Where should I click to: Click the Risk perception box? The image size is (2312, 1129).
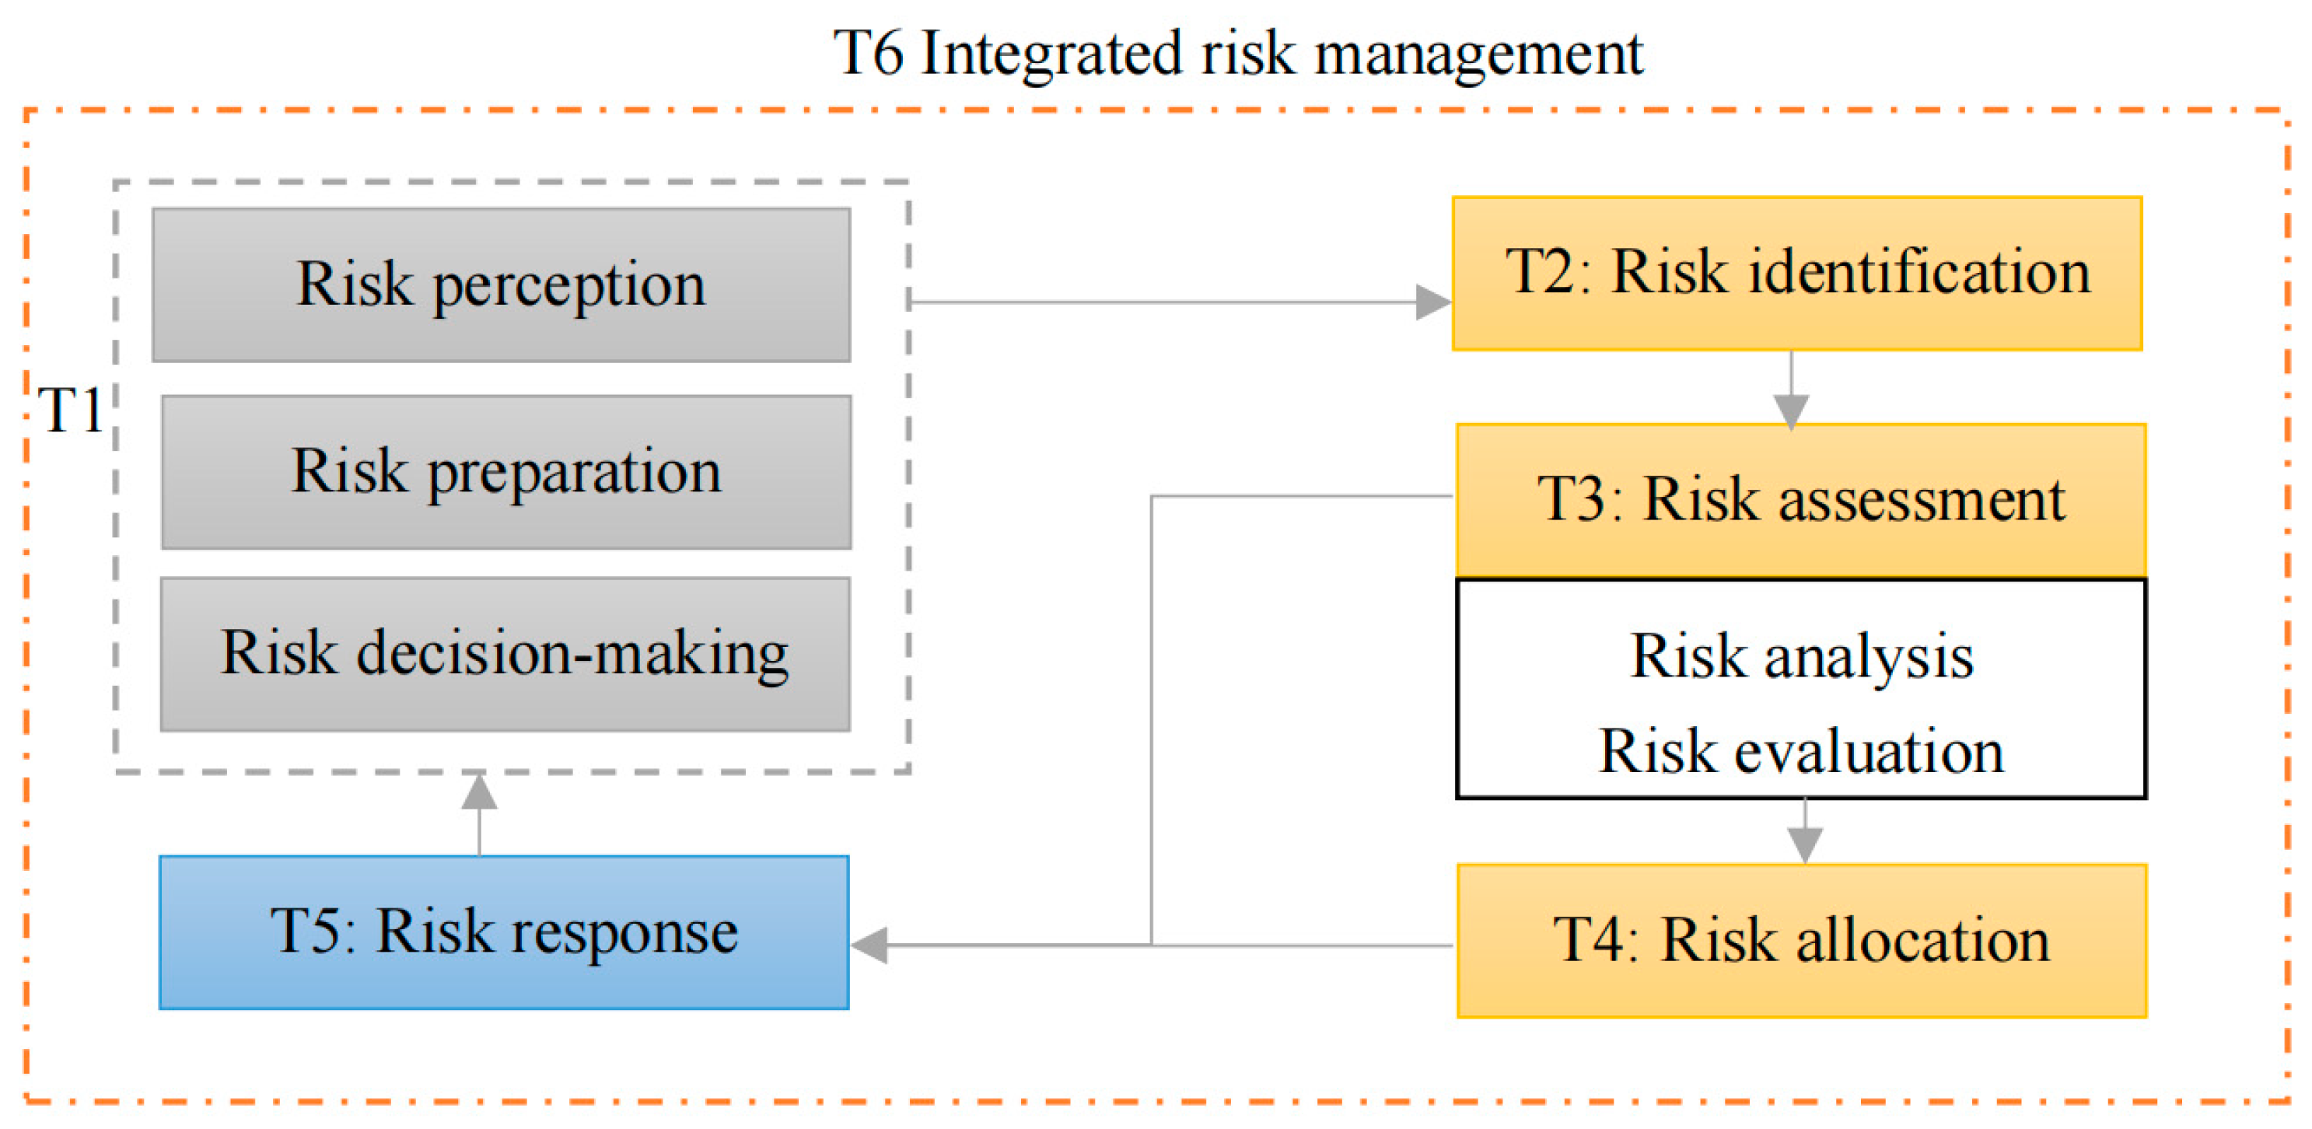501,285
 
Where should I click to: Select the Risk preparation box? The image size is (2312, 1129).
506,471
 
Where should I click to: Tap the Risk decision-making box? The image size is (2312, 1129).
505,653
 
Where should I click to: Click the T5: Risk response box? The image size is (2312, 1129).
503,932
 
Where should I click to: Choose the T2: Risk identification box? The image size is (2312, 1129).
1797,273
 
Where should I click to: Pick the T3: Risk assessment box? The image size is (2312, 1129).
1800,499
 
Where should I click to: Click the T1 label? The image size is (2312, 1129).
70,411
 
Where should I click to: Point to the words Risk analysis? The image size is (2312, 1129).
1801,656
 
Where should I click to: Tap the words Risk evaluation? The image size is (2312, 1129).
1800,751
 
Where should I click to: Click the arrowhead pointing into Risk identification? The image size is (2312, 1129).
1432,302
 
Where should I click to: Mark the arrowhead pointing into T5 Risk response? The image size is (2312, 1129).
869,945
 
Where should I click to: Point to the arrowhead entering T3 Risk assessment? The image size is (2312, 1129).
1792,411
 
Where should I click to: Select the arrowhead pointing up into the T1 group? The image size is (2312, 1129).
479,792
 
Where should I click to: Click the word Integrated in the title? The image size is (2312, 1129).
1050,54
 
